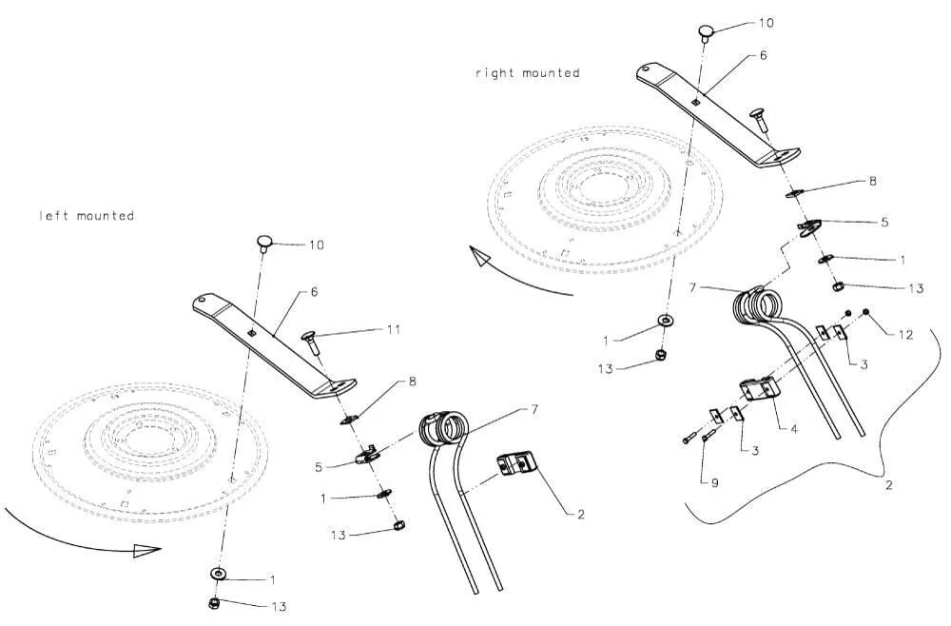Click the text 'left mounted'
87,216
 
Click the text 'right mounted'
528,73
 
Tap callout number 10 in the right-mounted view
767,21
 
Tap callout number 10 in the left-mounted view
315,245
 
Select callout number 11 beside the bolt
392,329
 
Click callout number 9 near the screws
714,482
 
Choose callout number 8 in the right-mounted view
872,180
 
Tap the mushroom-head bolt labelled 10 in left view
264,245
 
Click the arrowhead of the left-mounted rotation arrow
146,551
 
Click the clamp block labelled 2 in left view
514,467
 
